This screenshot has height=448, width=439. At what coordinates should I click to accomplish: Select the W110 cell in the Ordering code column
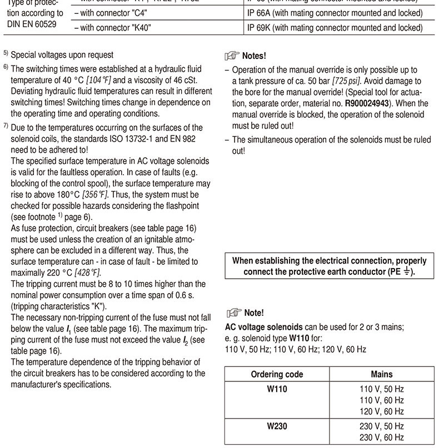pos(277,389)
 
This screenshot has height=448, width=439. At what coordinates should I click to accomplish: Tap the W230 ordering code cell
pos(277,426)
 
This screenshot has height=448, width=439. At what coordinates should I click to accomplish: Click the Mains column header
pos(381,374)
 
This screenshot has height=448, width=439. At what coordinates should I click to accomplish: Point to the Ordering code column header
pos(277,374)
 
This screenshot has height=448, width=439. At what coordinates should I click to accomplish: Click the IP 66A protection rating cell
pos(333,12)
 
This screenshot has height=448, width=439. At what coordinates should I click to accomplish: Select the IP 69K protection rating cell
pos(333,28)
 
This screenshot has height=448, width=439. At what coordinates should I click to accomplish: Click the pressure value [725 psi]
pos(348,81)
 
